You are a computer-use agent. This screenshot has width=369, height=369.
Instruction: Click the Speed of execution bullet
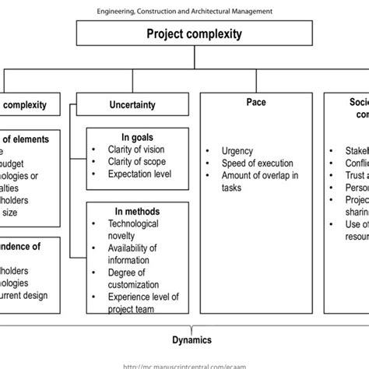[256, 163]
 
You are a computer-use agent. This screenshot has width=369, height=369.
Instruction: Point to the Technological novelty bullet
[133, 229]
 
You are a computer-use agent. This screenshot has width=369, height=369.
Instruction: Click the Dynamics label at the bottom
[193, 339]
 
